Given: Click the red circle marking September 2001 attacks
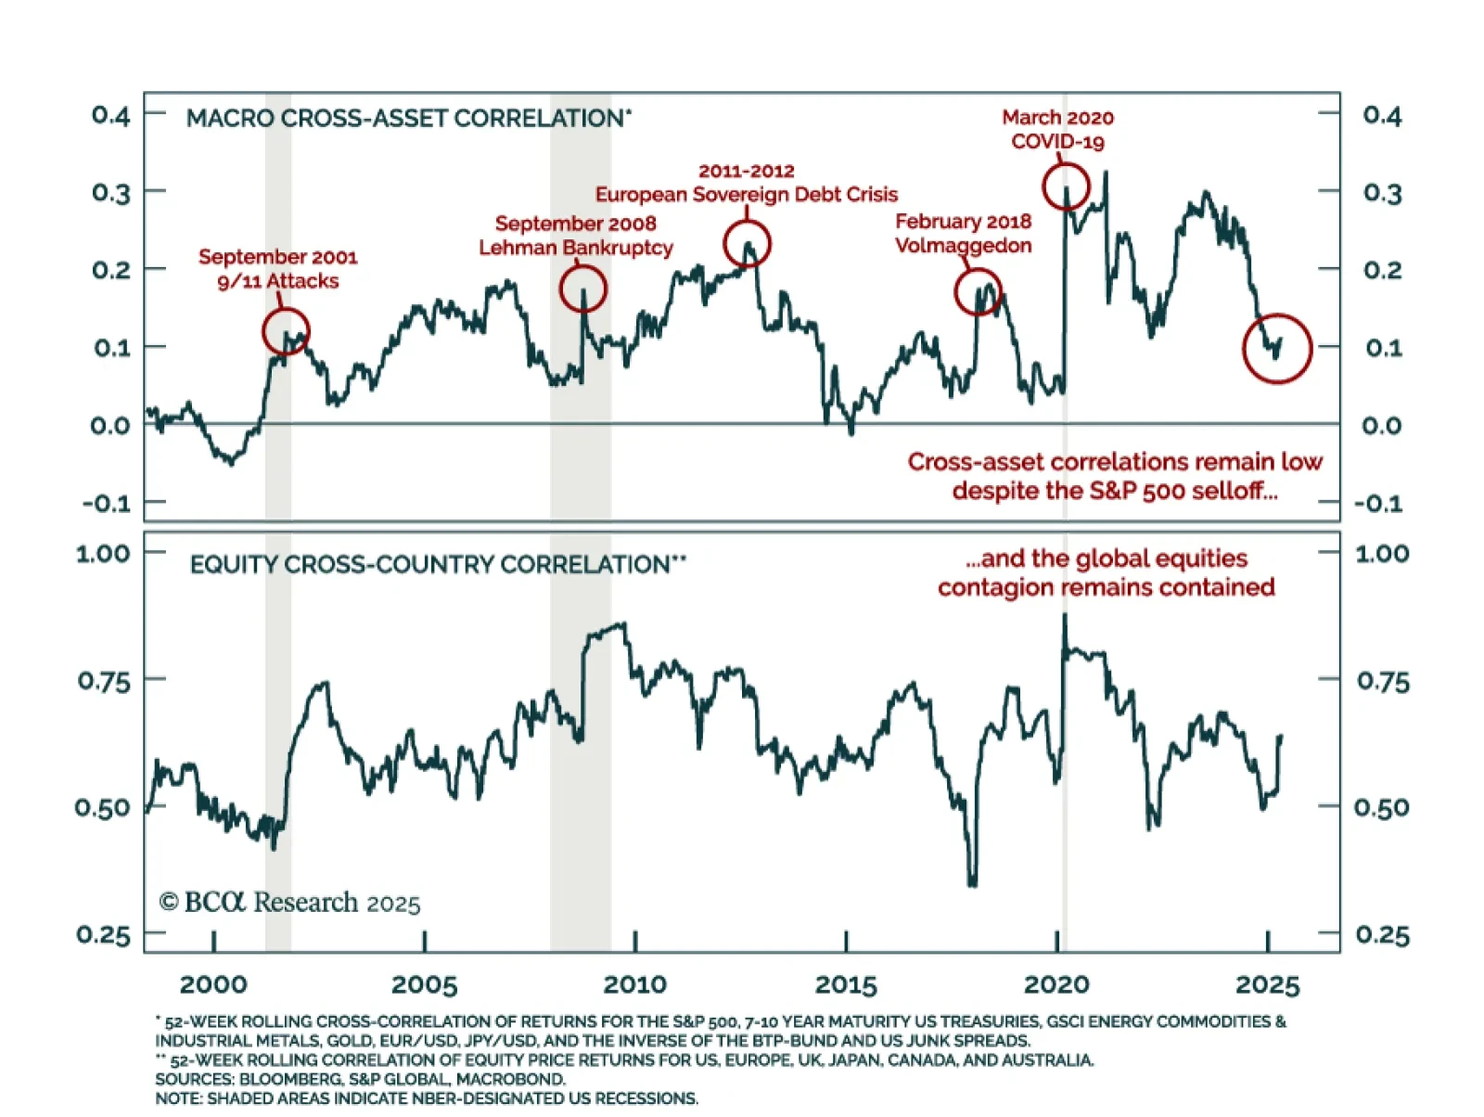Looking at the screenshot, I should tap(286, 331).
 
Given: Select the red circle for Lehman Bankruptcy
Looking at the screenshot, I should tap(583, 289).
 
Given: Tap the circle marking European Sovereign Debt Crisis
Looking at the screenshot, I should tap(747, 244).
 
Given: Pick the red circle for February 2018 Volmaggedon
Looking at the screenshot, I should tap(979, 292).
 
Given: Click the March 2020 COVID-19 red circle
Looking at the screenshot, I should tap(1066, 186).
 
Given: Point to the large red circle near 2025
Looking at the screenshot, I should tap(1277, 348).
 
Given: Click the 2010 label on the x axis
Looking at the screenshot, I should tap(634, 984).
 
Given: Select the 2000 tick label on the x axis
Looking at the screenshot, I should tap(213, 984).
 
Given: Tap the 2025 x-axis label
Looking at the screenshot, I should tap(1268, 984).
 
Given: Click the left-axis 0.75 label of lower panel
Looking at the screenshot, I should tap(104, 681).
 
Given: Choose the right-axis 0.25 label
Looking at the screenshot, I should tap(1382, 935).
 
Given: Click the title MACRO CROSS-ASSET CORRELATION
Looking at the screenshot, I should tap(406, 119).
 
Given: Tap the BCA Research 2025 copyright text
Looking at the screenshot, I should tap(289, 903).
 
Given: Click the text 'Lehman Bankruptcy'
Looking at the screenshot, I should tap(576, 248).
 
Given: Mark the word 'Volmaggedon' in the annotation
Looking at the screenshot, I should tap(963, 246).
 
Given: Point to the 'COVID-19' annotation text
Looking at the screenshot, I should tap(1057, 142).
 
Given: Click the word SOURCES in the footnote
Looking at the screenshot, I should tap(194, 1079).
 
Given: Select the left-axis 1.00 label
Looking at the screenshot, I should tap(103, 554).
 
